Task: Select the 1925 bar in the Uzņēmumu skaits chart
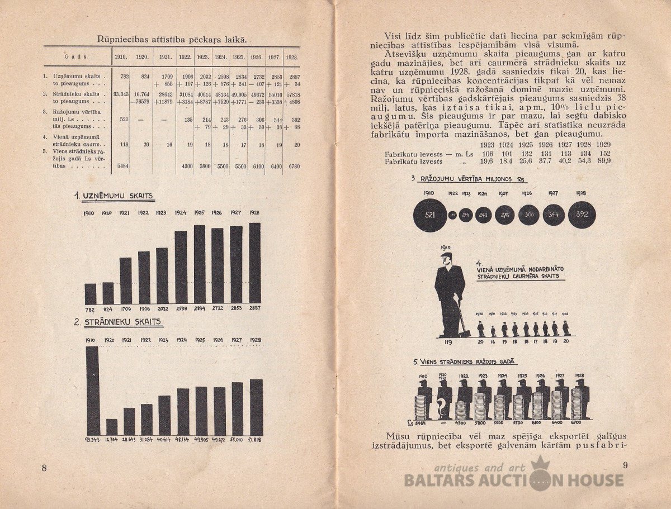tap(200, 264)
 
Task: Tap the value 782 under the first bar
tap(90, 308)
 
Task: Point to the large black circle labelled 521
tap(430, 215)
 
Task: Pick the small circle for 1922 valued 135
tap(453, 215)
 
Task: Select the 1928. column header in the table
tap(291, 57)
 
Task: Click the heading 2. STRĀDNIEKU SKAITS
tap(118, 322)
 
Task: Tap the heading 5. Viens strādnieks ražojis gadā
tap(465, 362)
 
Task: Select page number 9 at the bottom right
tap(626, 465)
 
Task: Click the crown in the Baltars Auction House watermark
tap(540, 463)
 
